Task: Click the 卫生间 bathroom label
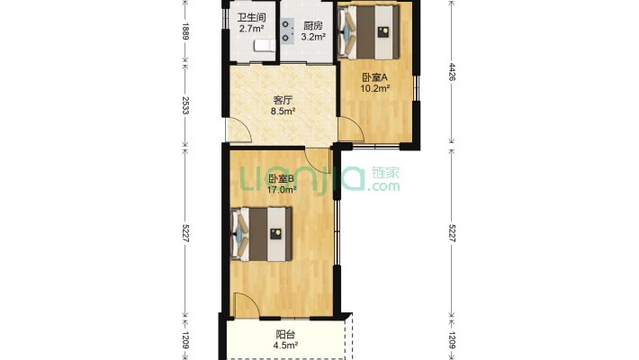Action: tap(251, 17)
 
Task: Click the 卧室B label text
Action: tap(282, 179)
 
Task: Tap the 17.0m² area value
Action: tap(282, 190)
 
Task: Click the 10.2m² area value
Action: tap(374, 88)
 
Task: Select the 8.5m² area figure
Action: tap(284, 112)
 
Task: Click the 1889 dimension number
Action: tap(186, 32)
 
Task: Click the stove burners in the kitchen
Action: tap(288, 32)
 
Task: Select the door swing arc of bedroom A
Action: tap(351, 131)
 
